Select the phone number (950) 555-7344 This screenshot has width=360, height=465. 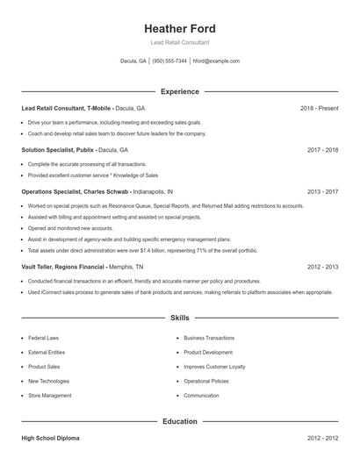coord(169,61)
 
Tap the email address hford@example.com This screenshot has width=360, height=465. coord(216,61)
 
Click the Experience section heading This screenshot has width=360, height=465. coord(179,91)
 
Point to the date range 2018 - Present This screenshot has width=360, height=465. coord(319,108)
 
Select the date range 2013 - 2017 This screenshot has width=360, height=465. coord(322,191)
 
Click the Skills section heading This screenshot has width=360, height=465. coord(179,318)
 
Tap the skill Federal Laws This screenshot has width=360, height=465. coord(43,338)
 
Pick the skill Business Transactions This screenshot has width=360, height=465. coord(209,338)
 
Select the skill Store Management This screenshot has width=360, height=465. coord(50,396)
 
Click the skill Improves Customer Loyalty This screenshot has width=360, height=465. coord(214,367)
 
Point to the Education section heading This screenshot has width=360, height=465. coord(179,422)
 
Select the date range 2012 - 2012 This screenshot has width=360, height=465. coord(322,437)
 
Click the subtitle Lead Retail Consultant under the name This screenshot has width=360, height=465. coord(179,42)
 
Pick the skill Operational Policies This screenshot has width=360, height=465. coord(206,382)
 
